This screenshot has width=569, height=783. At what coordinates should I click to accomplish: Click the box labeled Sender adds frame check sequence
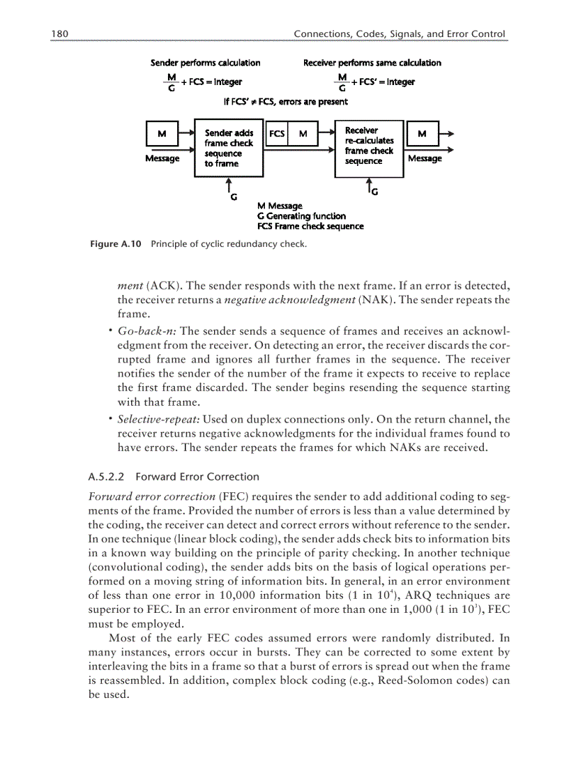coord(229,149)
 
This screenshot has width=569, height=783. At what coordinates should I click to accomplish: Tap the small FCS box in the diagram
coord(277,133)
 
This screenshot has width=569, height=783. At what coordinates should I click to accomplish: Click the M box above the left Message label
coord(162,133)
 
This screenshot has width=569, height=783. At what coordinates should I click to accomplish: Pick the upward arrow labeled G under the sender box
coord(229,185)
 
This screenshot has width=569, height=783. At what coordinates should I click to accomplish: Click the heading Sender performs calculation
coord(206,63)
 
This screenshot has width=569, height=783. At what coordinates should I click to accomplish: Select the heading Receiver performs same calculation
coord(372,63)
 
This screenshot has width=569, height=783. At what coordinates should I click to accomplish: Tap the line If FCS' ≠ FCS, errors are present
coord(285,102)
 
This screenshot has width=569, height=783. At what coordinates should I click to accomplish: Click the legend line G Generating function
coord(301,216)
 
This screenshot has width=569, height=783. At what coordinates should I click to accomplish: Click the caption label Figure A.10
coord(116,244)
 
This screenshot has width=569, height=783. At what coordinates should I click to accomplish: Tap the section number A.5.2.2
coord(106,477)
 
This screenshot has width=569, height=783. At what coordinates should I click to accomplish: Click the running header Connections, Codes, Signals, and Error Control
coord(399,33)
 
